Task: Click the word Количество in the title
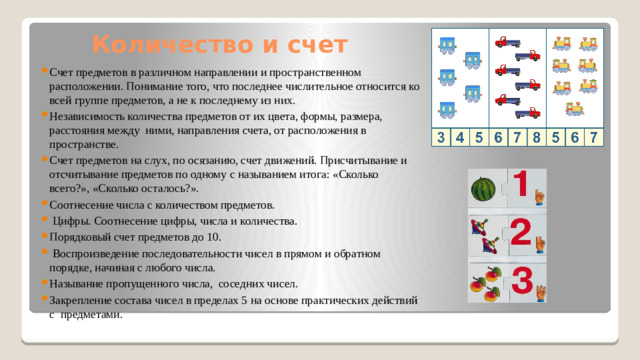[149, 45]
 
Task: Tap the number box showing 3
[441, 138]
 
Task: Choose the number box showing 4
[459, 138]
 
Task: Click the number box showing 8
[537, 138]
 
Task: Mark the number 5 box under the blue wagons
[479, 138]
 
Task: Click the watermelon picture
[483, 189]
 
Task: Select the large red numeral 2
[520, 233]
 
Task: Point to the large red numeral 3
[521, 282]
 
